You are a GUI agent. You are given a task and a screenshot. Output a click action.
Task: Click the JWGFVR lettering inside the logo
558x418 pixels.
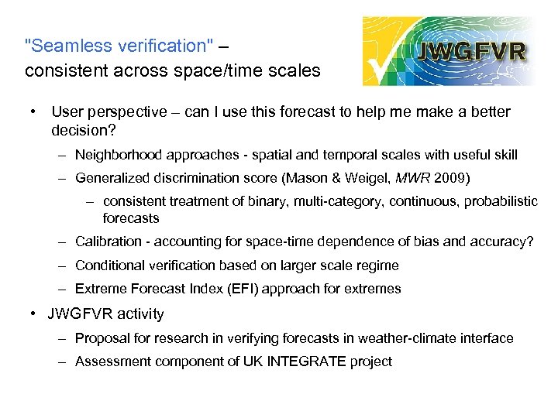[472, 51]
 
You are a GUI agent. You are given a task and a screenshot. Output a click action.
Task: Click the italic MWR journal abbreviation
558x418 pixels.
[414, 179]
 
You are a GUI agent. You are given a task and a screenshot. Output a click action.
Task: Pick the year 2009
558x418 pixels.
[451, 179]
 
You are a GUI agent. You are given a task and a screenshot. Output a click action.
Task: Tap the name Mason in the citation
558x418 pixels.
[326, 179]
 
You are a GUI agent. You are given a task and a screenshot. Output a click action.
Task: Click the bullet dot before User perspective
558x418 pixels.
[35, 111]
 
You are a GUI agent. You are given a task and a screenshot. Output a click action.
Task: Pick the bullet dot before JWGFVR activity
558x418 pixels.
[35, 313]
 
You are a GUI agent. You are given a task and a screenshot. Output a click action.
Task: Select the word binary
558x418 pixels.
[282, 201]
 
